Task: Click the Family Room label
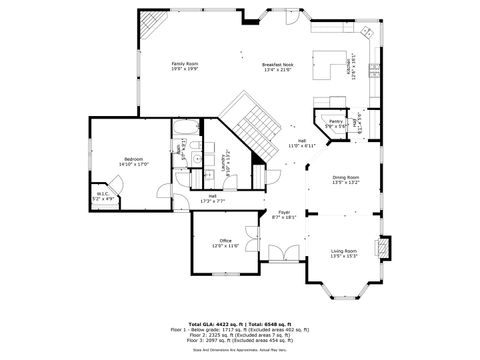(x=185, y=63)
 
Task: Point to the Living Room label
(x=344, y=250)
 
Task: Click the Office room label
(x=226, y=239)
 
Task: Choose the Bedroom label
(x=136, y=159)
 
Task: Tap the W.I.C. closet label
(x=103, y=194)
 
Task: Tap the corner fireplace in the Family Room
(x=148, y=23)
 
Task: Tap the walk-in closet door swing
(x=116, y=183)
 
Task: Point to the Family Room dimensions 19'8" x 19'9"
(x=185, y=69)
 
